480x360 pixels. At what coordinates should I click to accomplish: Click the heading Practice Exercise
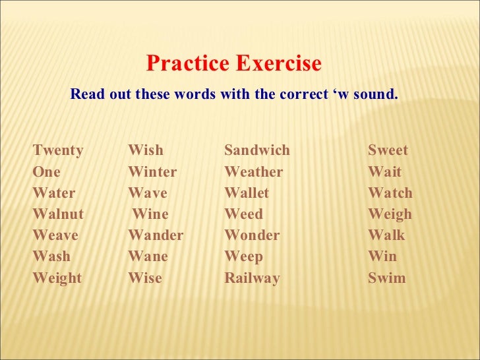tap(233, 64)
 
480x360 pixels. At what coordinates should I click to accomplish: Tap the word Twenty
tap(58, 150)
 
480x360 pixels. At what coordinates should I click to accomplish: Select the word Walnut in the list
tap(58, 214)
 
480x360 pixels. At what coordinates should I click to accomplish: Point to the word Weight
tap(57, 278)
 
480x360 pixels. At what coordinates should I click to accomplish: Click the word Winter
tap(152, 172)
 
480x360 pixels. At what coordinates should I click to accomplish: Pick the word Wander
tap(156, 235)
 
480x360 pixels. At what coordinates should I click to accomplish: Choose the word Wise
tap(145, 278)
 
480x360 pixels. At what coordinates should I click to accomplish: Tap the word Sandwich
tap(257, 150)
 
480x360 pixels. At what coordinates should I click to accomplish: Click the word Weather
tap(254, 172)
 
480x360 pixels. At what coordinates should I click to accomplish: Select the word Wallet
tap(247, 193)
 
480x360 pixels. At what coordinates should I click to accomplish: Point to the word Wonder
tap(252, 235)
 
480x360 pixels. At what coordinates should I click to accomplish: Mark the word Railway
tap(252, 278)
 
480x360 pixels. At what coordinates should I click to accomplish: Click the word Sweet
tap(388, 150)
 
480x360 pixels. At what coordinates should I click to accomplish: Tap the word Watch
tap(390, 193)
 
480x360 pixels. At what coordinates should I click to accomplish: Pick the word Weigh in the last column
tap(390, 214)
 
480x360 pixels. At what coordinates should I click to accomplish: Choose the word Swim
tap(387, 278)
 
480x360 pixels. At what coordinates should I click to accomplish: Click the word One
tap(46, 172)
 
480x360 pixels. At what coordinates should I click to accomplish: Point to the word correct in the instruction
tap(302, 94)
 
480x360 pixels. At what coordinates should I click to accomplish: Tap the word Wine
tap(150, 214)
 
